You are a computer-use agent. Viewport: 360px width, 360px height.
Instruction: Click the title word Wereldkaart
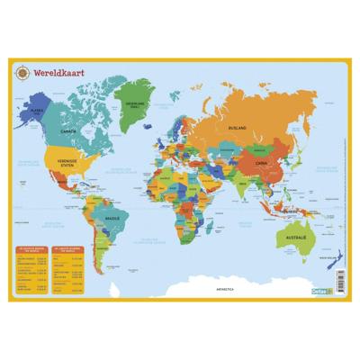pyautogui.click(x=55, y=69)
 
